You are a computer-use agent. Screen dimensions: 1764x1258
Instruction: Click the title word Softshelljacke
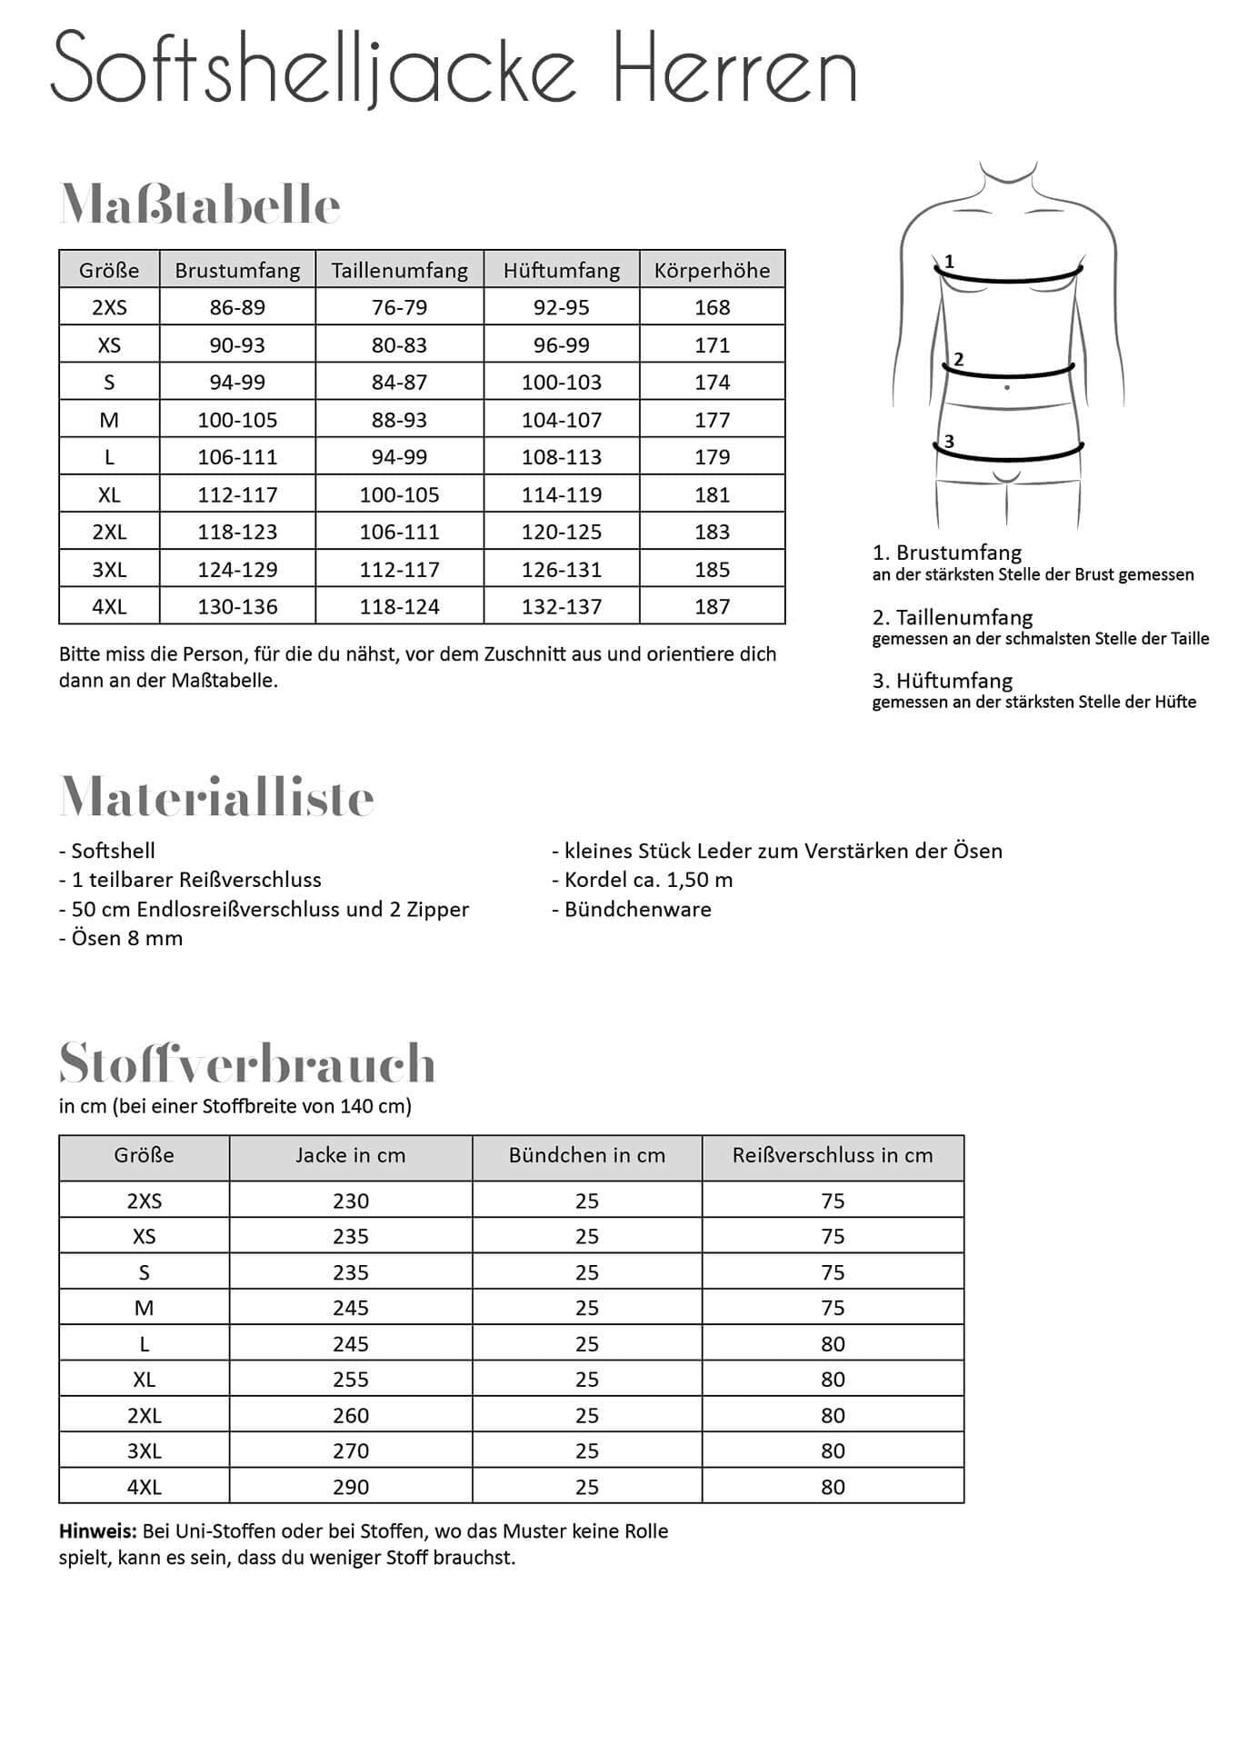click(314, 69)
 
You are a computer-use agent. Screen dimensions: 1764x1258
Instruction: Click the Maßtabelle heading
click(200, 205)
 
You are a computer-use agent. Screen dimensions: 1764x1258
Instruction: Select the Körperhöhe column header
click(712, 270)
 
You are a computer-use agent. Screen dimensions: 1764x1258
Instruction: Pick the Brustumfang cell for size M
click(237, 420)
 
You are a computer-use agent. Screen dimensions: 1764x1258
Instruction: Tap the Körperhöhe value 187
click(712, 606)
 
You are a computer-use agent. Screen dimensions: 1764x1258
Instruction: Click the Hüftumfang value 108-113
click(561, 457)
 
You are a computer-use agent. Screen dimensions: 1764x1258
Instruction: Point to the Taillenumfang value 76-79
click(399, 307)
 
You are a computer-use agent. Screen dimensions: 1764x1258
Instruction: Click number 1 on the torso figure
click(949, 262)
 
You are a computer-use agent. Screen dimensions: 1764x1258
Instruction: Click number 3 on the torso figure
click(949, 442)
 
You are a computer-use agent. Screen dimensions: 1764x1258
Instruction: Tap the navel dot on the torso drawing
click(1007, 388)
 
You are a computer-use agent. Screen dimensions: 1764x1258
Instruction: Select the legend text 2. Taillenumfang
click(952, 617)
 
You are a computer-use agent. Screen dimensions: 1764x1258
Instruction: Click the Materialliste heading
click(216, 797)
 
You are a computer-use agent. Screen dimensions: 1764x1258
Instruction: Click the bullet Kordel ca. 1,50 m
click(642, 880)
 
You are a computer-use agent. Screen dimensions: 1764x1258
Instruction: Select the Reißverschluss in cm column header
click(832, 1155)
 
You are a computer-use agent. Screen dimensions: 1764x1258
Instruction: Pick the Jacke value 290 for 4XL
click(350, 1487)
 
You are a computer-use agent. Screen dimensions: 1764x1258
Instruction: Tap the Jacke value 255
click(350, 1380)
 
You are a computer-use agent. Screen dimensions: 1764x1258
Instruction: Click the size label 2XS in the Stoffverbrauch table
click(144, 1201)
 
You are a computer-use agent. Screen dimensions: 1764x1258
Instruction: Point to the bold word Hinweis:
click(98, 1531)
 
